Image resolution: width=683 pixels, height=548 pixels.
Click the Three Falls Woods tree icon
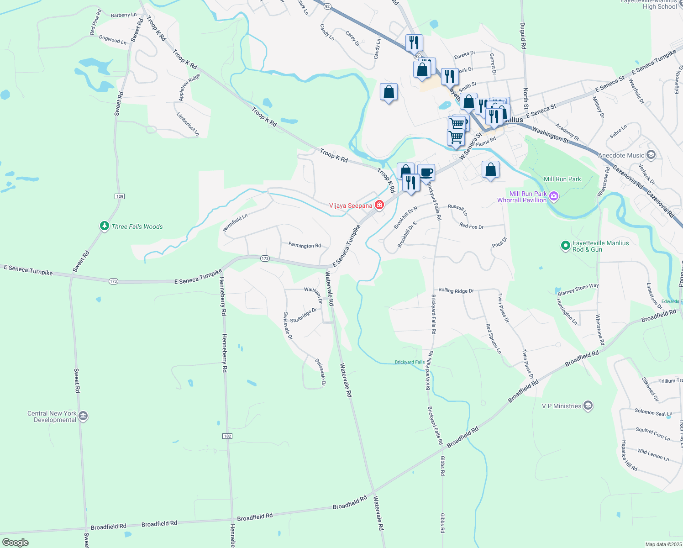point(105,226)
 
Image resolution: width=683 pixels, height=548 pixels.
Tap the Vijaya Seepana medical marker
point(379,205)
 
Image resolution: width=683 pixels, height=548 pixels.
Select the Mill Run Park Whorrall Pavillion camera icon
point(554,196)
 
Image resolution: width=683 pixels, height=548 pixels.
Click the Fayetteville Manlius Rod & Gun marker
point(566,246)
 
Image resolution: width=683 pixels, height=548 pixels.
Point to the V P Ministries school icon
point(588,406)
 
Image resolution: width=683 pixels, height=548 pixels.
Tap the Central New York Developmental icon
point(83,416)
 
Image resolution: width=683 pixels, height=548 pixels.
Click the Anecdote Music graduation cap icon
point(651,155)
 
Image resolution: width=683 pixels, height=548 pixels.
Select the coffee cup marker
point(426,173)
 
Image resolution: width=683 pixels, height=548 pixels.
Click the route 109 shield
point(120,196)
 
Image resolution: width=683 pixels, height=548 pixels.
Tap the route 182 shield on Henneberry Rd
point(228,436)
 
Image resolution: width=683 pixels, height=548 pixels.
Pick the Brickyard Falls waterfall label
point(410,362)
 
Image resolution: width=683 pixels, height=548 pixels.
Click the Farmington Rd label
point(305,245)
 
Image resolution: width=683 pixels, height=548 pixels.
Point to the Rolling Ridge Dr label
point(456,290)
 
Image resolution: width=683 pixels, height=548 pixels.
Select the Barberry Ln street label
point(124,15)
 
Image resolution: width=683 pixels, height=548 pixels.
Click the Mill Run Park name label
point(562,179)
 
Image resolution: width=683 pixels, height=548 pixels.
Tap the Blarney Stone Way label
point(578,290)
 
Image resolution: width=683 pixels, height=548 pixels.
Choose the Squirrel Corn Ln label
point(653,434)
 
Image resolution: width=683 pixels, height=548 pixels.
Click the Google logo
point(16,543)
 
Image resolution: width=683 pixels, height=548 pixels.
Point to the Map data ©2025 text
point(663,544)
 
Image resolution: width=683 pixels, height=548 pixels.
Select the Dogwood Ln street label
point(113,40)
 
